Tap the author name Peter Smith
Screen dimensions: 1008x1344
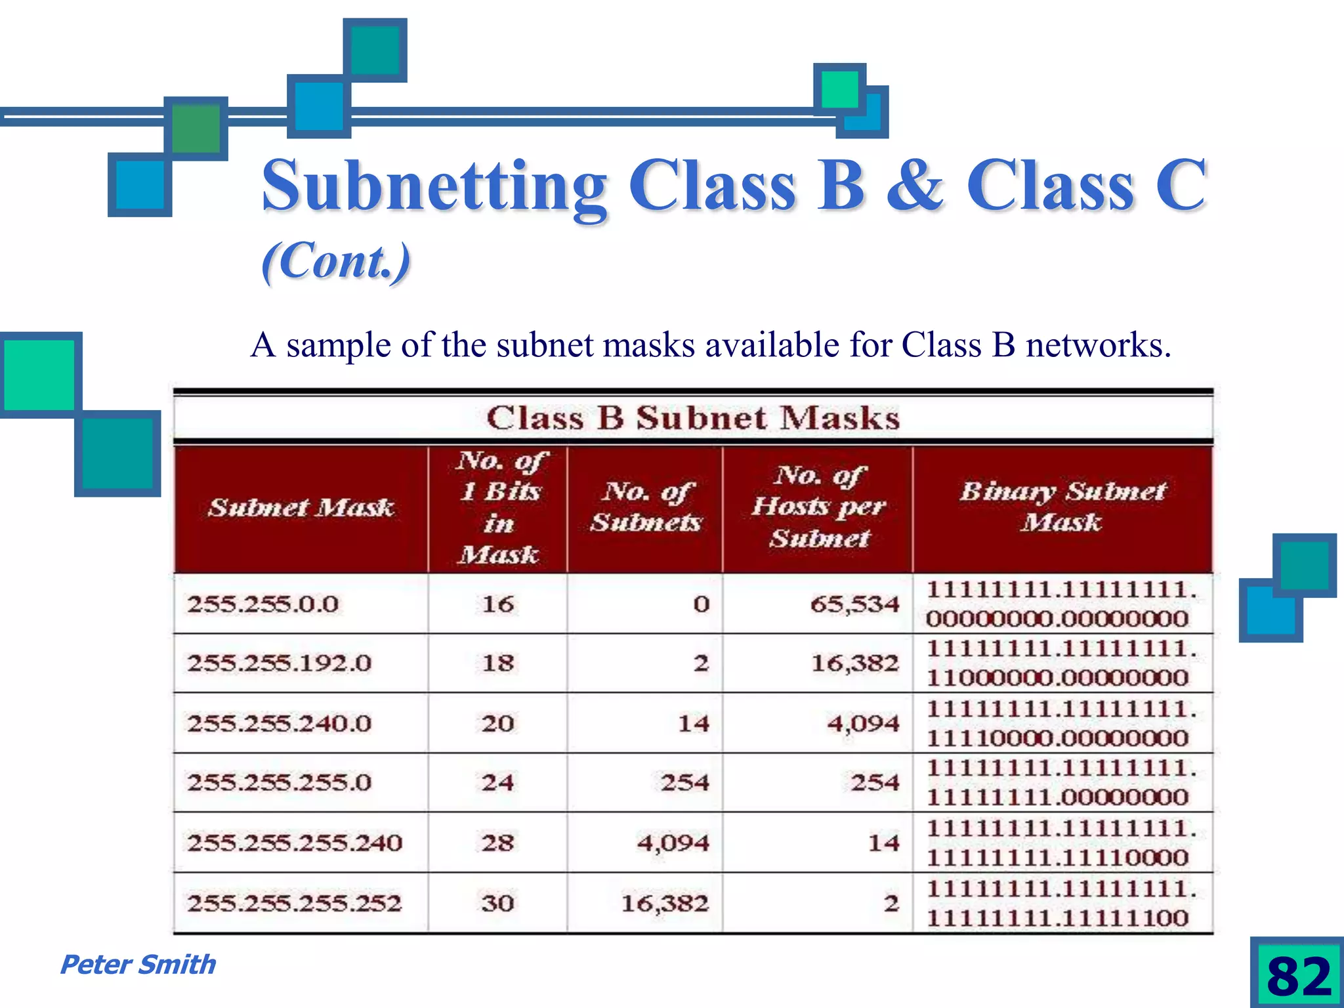tap(138, 965)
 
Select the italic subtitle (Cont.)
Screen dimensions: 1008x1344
tap(336, 261)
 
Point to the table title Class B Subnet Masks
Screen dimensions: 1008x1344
tap(693, 418)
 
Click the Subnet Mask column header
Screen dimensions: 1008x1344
tap(301, 507)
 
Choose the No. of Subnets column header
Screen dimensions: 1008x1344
tap(646, 507)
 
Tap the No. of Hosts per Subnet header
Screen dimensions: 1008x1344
tap(818, 507)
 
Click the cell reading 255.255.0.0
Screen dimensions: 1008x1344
tap(263, 604)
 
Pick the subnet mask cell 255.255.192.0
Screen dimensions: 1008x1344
tap(280, 663)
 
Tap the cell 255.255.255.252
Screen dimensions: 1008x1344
tap(295, 903)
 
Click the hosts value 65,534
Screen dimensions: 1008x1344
tap(854, 604)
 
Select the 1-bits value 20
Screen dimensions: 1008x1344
tap(497, 723)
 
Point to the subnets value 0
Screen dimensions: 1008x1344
tap(702, 604)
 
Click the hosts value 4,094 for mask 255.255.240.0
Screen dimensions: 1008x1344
tap(863, 723)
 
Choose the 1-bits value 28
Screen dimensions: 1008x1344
tap(497, 843)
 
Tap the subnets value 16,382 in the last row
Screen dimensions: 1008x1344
tap(665, 903)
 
